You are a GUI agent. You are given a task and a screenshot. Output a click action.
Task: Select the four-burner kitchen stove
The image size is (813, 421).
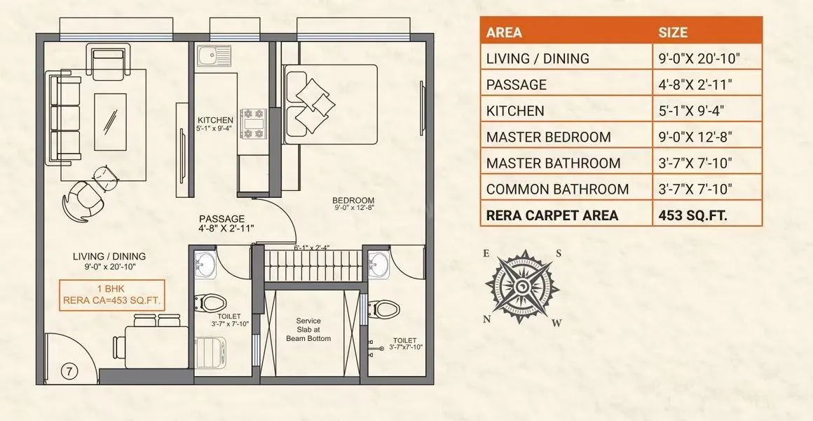click(x=252, y=123)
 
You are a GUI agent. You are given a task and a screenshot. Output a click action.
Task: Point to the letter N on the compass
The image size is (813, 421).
click(x=486, y=318)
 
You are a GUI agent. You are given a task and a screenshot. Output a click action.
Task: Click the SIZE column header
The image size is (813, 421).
click(x=673, y=32)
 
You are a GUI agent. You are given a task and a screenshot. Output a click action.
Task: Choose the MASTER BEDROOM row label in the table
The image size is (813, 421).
click(x=548, y=137)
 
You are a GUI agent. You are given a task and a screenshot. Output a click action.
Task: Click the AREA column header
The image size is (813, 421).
click(x=504, y=32)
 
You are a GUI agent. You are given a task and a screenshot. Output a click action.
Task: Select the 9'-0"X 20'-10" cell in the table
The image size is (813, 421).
click(x=701, y=58)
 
